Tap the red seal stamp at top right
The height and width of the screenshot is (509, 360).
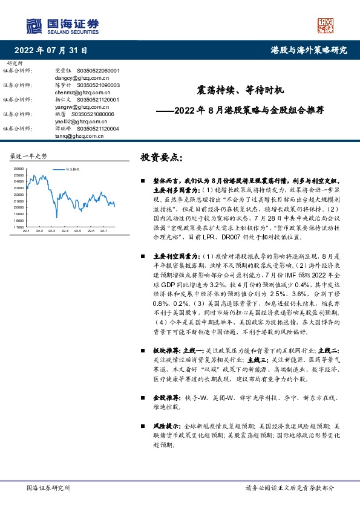(326, 26)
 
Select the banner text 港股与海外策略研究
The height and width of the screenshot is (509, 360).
(309, 50)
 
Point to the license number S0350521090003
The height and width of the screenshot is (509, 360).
(98, 85)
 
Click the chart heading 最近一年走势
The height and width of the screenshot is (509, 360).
(28, 157)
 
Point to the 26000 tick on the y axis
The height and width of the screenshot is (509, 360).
(19, 169)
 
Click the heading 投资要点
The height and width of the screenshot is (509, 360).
(160, 157)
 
